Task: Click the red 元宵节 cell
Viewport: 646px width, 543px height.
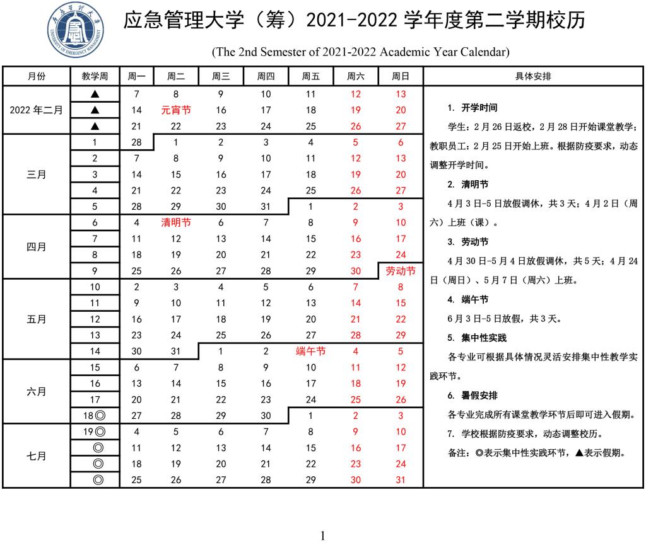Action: (176, 110)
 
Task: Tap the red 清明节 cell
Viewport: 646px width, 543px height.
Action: (176, 222)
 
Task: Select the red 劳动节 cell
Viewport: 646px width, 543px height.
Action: (400, 271)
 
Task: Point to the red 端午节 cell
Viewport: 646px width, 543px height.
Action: (310, 352)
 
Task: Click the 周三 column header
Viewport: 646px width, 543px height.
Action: (221, 77)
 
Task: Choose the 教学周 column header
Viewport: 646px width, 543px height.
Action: (95, 77)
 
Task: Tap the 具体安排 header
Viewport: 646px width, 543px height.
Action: (533, 77)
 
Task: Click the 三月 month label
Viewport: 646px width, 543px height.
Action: (36, 174)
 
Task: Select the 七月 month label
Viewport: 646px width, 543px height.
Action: (36, 456)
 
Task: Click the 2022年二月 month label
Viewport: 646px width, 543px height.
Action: (36, 110)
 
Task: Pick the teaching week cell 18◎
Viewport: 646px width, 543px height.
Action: (95, 416)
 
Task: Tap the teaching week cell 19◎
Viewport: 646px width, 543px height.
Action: (95, 432)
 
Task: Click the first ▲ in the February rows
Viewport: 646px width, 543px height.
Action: (95, 94)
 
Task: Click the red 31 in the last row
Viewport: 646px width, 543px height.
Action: (400, 480)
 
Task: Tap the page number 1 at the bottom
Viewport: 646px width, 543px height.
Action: (323, 536)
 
